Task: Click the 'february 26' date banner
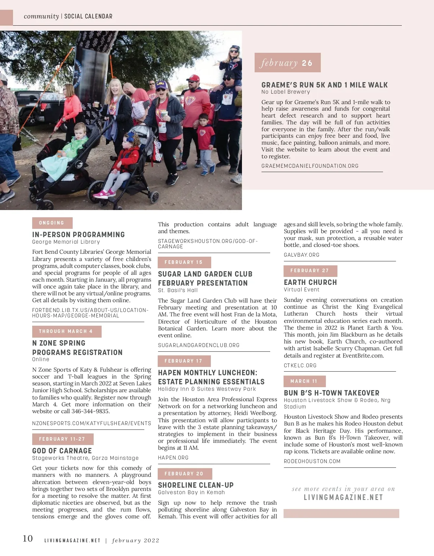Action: coord(287,63)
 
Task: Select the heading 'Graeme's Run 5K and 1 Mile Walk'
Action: coord(324,85)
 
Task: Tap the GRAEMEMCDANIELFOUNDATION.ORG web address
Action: coord(310,166)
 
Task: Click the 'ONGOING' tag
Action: coord(52,223)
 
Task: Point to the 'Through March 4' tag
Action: coord(67,332)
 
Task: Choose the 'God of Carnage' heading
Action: coord(62,451)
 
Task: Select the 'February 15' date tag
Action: coord(184,262)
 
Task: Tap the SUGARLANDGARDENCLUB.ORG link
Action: coord(199,345)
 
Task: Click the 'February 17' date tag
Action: coord(184,361)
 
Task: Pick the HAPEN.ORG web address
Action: coord(173,458)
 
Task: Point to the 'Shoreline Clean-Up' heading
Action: coord(196,485)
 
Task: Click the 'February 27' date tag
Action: coord(310,271)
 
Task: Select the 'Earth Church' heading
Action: coord(310,282)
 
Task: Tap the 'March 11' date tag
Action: coord(304,381)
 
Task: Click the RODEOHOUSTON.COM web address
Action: coord(312,461)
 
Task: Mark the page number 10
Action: coord(28,539)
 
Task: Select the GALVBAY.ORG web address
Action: coord(302,255)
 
